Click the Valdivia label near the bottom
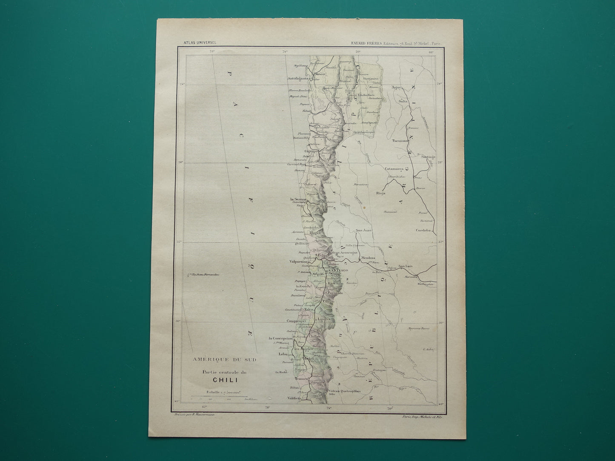pos(294,398)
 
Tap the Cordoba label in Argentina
pos(423,230)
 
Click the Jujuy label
pos(397,87)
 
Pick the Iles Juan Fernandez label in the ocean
pos(205,275)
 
